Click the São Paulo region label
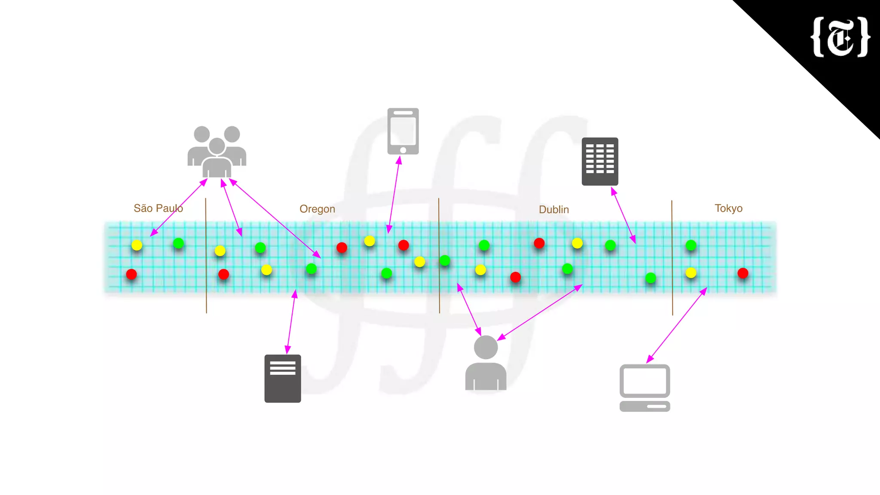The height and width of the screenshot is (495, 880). [158, 208]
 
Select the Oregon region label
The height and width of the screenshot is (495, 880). [317, 209]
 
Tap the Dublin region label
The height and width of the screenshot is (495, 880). [554, 210]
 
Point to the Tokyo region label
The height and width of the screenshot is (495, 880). [728, 208]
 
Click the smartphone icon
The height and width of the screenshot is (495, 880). [403, 131]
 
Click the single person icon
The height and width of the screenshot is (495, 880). [486, 364]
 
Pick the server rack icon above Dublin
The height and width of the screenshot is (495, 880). [600, 162]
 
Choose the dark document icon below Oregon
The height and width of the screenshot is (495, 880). [283, 379]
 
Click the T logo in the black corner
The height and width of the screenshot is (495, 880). [840, 37]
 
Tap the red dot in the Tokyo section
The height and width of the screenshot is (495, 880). [743, 273]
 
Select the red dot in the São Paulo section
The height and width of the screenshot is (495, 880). [131, 274]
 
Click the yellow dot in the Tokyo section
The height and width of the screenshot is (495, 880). [691, 273]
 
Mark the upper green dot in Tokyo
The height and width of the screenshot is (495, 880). [691, 245]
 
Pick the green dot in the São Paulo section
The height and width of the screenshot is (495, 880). [178, 244]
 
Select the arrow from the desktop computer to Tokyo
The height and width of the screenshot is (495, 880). [677, 325]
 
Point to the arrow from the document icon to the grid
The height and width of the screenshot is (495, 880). [291, 322]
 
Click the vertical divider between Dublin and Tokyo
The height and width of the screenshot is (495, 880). [672, 258]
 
